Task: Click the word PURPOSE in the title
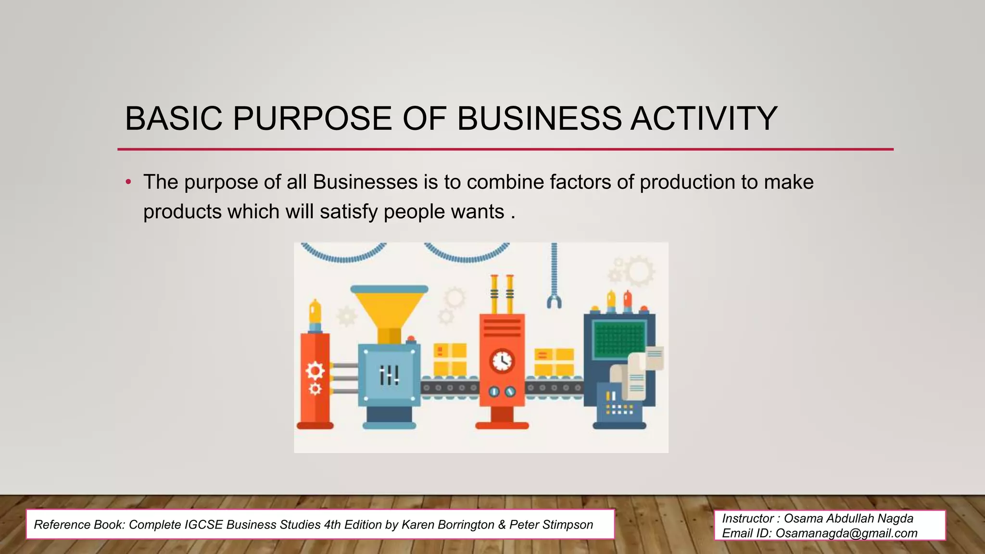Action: pos(312,118)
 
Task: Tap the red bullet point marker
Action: pos(128,182)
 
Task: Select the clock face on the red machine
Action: pos(502,360)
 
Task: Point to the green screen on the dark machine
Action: pos(619,339)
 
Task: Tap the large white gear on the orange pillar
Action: pos(315,371)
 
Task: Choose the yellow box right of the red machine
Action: pos(554,362)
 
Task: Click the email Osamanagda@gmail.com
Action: pos(846,533)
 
